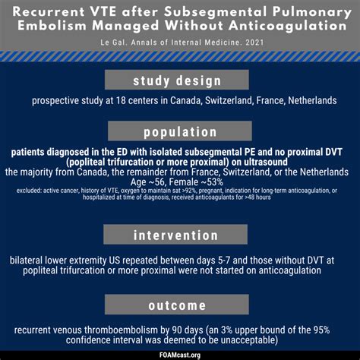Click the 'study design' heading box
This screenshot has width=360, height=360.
[x=179, y=81]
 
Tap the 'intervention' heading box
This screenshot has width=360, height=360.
[x=179, y=235]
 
